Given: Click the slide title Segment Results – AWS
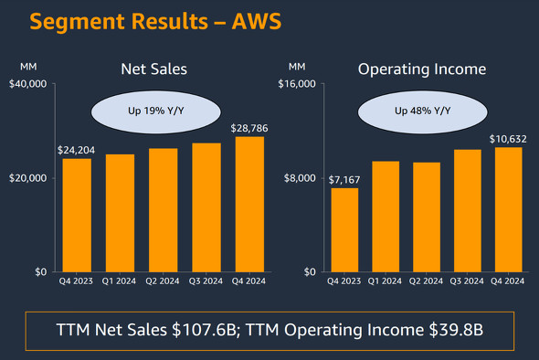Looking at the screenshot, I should coord(142,21).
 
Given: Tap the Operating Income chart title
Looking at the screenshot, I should coord(421,69).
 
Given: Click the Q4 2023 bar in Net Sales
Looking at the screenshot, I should coord(77,216).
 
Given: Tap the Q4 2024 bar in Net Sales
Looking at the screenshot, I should coord(248,205).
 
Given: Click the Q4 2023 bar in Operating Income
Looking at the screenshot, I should coord(344,230).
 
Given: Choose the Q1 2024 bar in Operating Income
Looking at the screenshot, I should coord(386,217).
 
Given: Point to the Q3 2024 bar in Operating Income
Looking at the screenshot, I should coord(468,211).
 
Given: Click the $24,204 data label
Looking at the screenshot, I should coord(77,150).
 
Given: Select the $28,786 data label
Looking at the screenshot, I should coord(248,128).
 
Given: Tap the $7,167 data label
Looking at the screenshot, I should coord(344,179).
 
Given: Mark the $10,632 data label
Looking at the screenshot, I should coord(508,139).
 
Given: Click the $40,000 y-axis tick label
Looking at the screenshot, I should coord(27,84).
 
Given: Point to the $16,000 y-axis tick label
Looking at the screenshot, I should coord(296,84).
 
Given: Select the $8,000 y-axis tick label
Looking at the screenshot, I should coord(299,178).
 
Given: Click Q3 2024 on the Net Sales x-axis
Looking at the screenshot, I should coord(206,281).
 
